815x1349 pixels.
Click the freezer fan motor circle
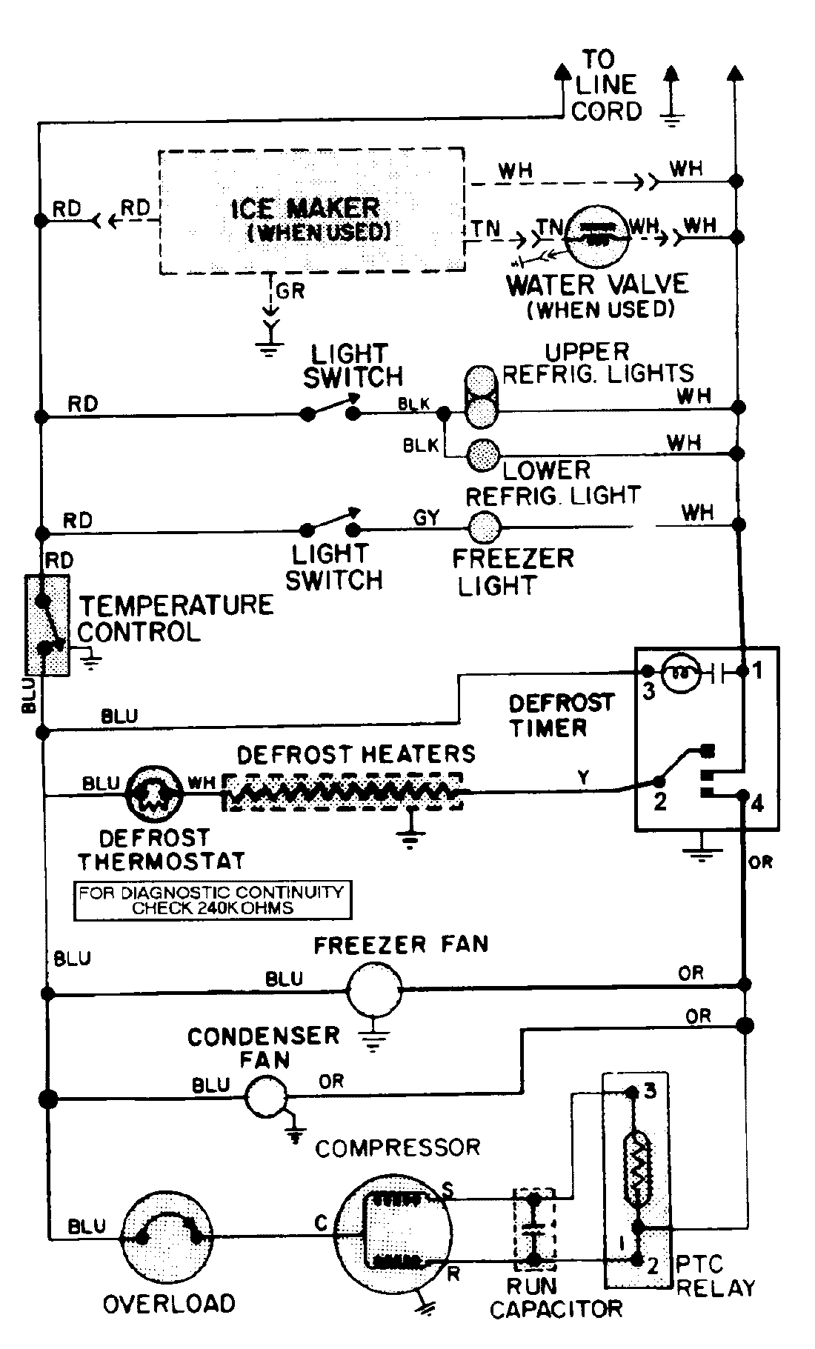pos(374,990)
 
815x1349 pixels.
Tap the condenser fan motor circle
pos(265,1097)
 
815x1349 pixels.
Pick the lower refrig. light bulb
pos(483,453)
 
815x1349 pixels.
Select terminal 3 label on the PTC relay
pos(650,1091)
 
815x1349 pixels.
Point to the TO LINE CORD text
pos(605,85)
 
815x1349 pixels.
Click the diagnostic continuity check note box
pos(212,899)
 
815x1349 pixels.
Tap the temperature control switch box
pos(47,624)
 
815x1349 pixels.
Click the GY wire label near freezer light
pos(426,518)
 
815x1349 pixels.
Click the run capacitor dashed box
pos(534,1226)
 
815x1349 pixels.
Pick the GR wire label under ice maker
pos(290,291)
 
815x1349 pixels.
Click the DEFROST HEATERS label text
pos(356,754)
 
